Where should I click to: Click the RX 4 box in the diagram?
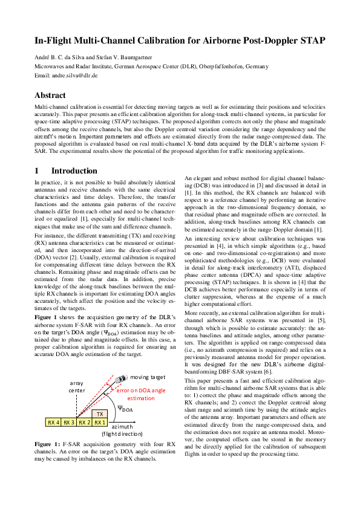coord(53,422)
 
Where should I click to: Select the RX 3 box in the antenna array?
coord(68,422)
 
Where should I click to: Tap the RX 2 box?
coord(84,422)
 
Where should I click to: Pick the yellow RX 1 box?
coord(100,422)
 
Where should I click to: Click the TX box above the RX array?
coord(100,414)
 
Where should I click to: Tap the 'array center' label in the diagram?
coord(76,387)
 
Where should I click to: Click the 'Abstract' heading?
coord(50,95)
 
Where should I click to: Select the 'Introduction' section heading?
coord(74,171)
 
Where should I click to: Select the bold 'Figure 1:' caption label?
coord(48,444)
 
